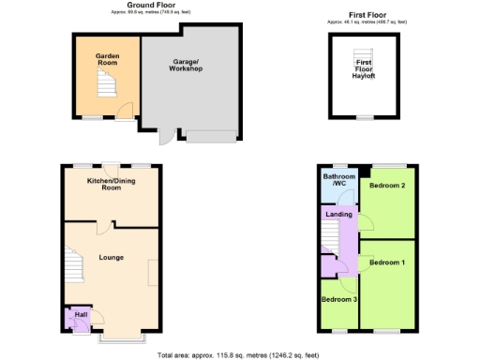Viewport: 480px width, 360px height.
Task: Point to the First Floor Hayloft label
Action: tap(364, 68)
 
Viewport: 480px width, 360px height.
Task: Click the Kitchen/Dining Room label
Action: tap(112, 184)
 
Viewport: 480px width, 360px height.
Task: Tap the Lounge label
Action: tap(111, 257)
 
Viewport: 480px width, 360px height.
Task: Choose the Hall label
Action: tap(81, 315)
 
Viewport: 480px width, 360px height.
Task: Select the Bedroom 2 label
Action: tap(386, 186)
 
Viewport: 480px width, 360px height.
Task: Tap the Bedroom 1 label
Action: tap(386, 262)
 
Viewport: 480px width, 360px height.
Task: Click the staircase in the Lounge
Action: tap(73, 267)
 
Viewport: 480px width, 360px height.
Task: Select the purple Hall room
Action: tap(78, 320)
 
